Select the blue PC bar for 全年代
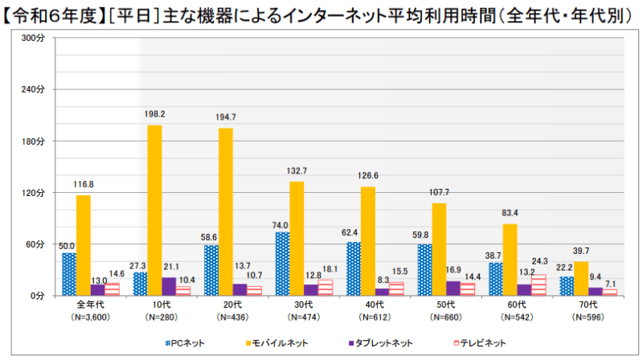click(x=69, y=274)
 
